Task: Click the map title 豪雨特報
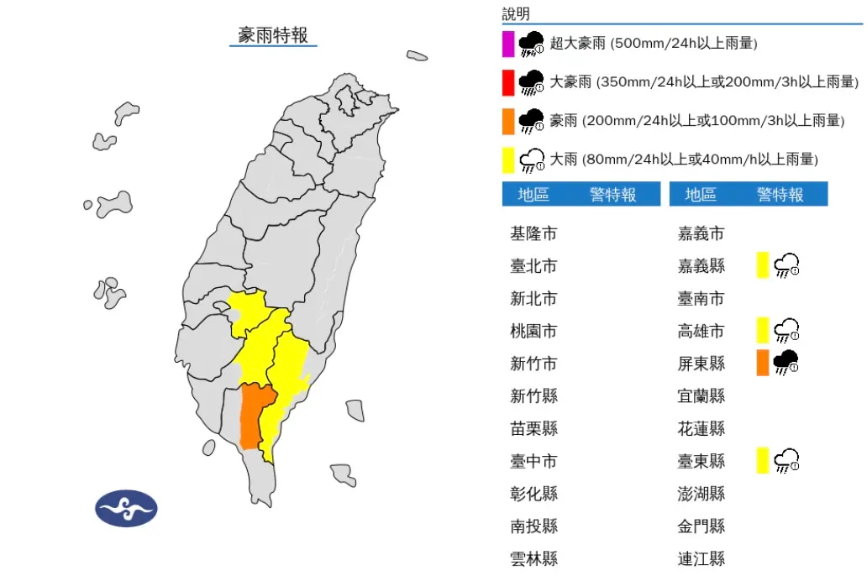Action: pos(273,35)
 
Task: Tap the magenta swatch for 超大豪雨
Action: pos(507,44)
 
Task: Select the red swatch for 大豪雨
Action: pos(507,82)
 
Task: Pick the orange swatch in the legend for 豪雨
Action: pos(507,121)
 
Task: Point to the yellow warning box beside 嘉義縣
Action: pos(762,265)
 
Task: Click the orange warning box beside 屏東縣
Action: pos(762,363)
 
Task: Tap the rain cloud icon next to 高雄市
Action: pos(786,331)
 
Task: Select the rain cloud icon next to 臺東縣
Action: pos(786,460)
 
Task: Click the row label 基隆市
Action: pos(533,233)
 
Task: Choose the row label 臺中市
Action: pos(533,461)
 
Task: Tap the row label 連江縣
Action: pos(701,558)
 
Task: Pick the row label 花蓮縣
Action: pos(701,428)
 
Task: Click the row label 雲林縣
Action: pos(533,558)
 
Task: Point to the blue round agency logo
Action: pos(126,508)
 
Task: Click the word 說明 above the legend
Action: pos(516,13)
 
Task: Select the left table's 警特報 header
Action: pos(612,195)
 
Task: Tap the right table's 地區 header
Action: pos(700,195)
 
